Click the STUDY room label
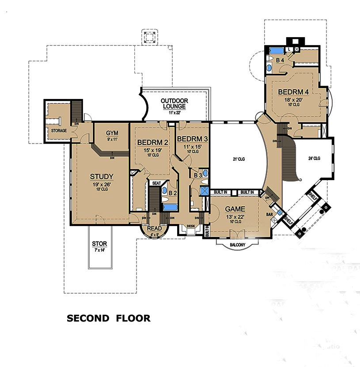click(x=102, y=177)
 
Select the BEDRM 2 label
click(x=152, y=143)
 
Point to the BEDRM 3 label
click(x=192, y=139)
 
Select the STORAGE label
click(x=59, y=131)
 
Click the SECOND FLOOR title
click(x=108, y=318)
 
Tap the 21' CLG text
click(x=238, y=159)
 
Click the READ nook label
click(x=154, y=228)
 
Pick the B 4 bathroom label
click(x=280, y=60)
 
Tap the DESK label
click(x=191, y=226)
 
